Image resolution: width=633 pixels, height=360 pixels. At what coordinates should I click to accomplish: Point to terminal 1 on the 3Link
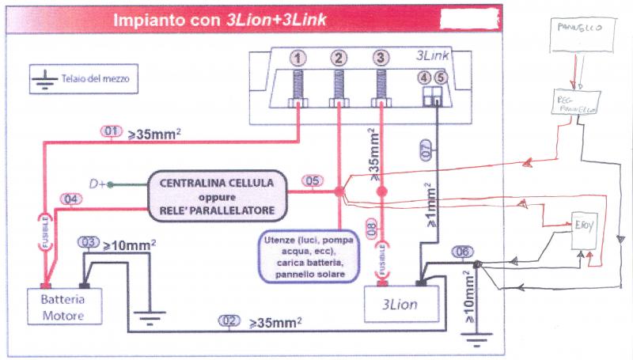click(x=298, y=58)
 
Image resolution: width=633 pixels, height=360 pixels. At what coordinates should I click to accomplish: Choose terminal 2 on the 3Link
click(x=339, y=58)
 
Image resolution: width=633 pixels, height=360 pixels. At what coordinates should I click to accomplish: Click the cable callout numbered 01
click(x=112, y=131)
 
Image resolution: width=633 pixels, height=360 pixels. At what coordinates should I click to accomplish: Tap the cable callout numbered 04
click(x=68, y=199)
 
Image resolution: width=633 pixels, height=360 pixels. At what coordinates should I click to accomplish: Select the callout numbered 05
click(x=313, y=181)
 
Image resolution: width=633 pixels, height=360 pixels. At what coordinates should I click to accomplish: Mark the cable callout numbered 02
click(x=228, y=321)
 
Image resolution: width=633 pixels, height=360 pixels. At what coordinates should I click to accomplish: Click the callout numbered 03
click(x=89, y=242)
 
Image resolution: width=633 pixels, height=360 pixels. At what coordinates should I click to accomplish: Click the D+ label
click(x=98, y=184)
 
